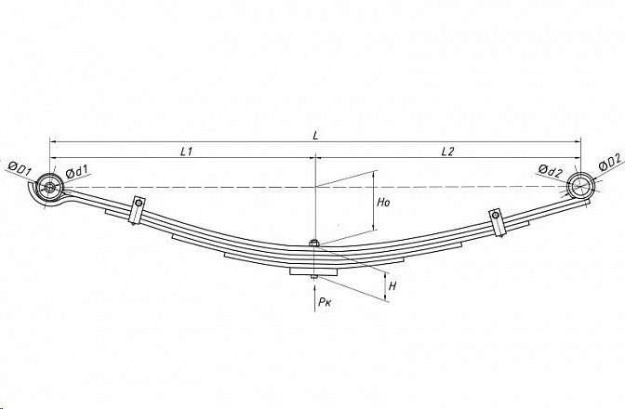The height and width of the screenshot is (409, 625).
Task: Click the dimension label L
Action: pyautogui.click(x=315, y=136)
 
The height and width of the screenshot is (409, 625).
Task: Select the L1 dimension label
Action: pyautogui.click(x=187, y=152)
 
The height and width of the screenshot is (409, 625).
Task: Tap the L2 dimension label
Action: pyautogui.click(x=447, y=152)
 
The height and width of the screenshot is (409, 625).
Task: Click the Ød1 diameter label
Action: pyautogui.click(x=78, y=172)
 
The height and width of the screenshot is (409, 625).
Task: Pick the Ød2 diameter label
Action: pyautogui.click(x=550, y=171)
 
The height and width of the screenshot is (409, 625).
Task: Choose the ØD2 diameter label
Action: pyautogui.click(x=609, y=164)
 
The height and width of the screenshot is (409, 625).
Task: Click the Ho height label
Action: pyautogui.click(x=383, y=203)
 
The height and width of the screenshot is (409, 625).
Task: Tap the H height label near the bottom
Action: pyautogui.click(x=392, y=286)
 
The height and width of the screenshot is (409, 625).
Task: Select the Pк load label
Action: pyautogui.click(x=325, y=302)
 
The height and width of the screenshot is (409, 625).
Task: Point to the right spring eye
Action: pyautogui.click(x=580, y=186)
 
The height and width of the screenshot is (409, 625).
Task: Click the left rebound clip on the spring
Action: pyautogui.click(x=137, y=210)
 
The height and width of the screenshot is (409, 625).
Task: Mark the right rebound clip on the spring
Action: pyautogui.click(x=498, y=222)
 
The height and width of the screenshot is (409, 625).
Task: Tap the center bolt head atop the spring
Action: pyautogui.click(x=314, y=243)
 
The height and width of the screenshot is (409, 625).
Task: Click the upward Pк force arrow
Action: pyautogui.click(x=315, y=297)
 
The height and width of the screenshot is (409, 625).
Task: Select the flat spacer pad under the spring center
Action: pyautogui.click(x=313, y=271)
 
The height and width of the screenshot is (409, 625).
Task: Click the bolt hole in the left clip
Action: pyautogui.click(x=139, y=204)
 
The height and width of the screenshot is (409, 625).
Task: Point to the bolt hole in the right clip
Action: pyautogui.click(x=495, y=215)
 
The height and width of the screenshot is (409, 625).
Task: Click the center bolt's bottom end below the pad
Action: pyautogui.click(x=314, y=277)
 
